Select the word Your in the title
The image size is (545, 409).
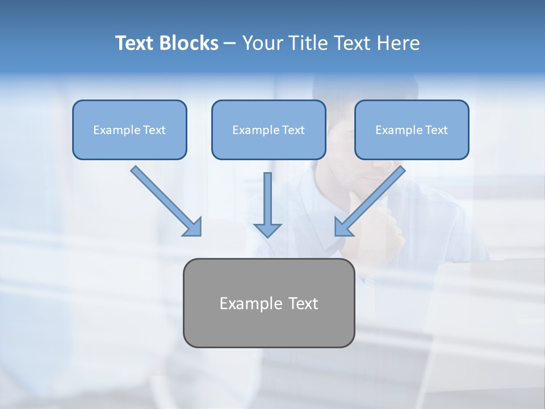pos(263,43)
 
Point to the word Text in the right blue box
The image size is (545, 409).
pos(436,130)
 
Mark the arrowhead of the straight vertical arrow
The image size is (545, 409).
pos(267,229)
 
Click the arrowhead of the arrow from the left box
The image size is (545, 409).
pos(194,227)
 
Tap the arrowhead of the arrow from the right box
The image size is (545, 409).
pos(343,227)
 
